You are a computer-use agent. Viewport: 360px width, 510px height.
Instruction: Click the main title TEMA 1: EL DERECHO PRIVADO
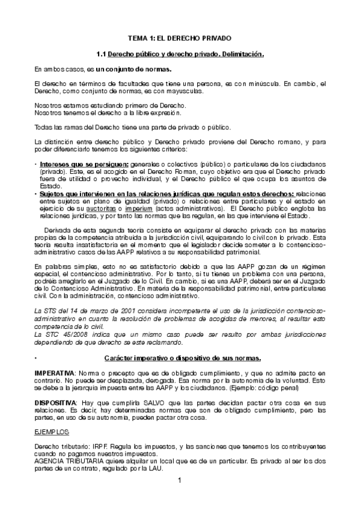180,38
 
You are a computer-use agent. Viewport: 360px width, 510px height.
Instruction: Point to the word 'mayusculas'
183,91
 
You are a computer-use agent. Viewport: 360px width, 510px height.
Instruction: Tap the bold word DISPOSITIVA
55,401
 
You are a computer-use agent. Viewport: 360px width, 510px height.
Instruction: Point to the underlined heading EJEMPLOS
52,432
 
